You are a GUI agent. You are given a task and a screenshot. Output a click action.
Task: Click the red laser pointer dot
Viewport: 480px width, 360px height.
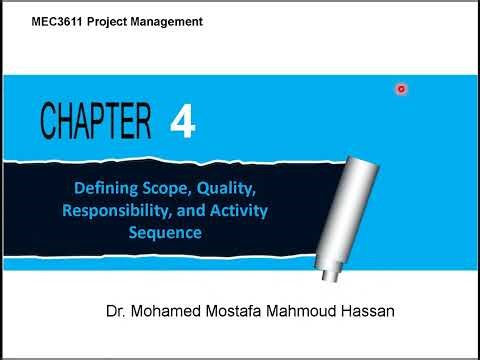[x=401, y=89]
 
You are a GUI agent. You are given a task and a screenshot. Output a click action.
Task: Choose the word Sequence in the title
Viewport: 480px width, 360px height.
[x=165, y=232]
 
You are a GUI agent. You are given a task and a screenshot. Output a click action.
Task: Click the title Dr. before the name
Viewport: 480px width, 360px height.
[x=116, y=311]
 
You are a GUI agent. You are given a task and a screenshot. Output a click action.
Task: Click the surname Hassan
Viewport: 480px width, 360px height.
[x=367, y=311]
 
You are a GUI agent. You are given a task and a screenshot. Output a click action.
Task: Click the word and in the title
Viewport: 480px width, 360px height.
[x=193, y=210]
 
